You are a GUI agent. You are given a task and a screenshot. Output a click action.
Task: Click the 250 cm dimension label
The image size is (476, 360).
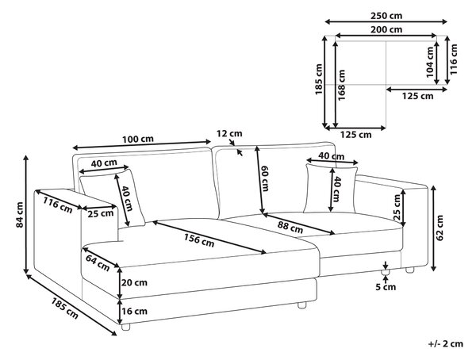[386, 15]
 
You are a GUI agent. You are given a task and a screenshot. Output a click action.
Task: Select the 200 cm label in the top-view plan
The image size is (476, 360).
[386, 29]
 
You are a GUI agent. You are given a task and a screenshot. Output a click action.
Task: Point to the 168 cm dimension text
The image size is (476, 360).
[341, 86]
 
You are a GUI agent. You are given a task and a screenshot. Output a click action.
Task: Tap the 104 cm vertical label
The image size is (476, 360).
[430, 62]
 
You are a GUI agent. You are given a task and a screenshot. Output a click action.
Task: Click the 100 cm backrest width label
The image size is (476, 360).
[138, 140]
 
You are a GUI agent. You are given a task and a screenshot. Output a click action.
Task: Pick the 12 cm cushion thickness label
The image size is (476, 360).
[229, 133]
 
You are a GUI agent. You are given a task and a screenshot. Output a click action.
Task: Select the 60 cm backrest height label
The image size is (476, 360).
[265, 178]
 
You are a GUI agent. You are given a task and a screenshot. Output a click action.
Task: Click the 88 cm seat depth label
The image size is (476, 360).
[290, 227]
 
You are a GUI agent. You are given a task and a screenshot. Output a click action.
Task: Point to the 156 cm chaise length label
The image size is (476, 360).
[199, 239]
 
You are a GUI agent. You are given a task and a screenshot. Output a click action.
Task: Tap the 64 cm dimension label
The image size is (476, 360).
[98, 262]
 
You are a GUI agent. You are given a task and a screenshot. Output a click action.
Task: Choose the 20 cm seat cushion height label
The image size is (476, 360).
[135, 282]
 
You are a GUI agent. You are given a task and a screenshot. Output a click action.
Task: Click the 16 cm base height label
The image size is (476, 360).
[135, 311]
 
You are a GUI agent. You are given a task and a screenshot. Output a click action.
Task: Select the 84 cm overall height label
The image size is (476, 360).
[19, 215]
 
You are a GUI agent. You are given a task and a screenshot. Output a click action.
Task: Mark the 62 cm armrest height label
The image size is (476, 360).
[440, 228]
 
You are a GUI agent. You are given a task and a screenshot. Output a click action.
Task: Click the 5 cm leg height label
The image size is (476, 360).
[386, 287]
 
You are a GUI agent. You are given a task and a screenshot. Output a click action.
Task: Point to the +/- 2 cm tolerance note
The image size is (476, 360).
[446, 343]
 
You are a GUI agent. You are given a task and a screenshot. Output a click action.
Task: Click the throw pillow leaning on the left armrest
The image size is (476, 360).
[113, 198]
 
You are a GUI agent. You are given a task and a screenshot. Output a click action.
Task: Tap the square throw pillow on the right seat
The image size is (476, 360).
[331, 189]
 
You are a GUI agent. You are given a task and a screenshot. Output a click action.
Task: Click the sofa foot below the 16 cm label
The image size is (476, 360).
[125, 327]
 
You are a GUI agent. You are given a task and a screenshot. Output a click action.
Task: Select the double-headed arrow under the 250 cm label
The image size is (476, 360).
[386, 21]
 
